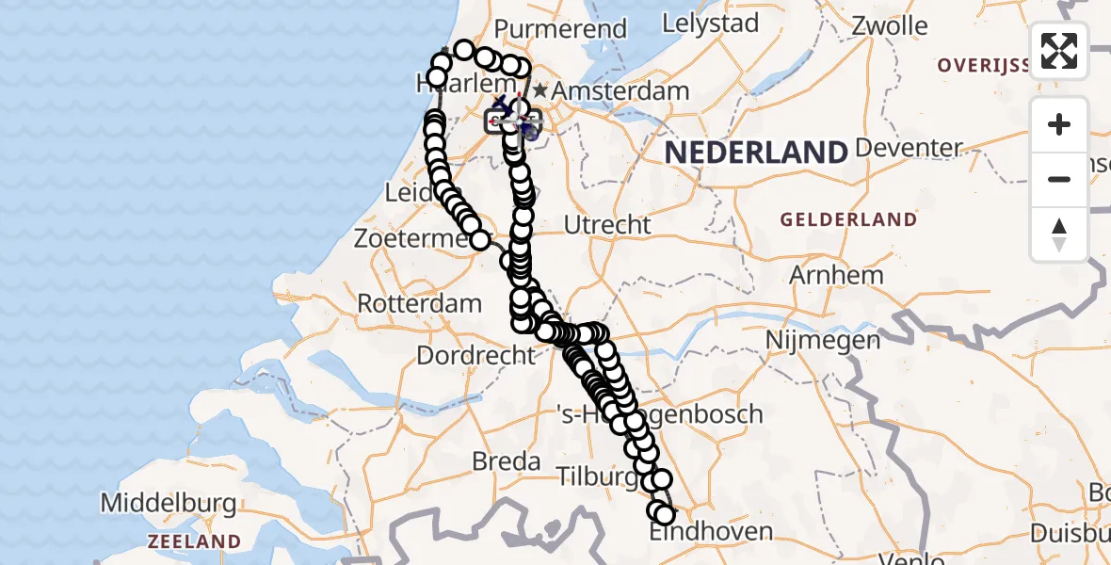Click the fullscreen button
coord(1059,51)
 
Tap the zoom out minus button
coord(1059,180)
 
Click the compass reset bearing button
coord(1059,234)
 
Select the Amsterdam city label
coord(620,92)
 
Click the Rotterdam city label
coord(420,305)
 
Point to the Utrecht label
coord(607,225)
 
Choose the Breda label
coord(507,462)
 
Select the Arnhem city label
coord(836,276)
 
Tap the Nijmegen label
coord(822,339)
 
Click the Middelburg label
coord(169,503)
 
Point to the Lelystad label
coord(710,23)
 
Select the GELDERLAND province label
coord(848,219)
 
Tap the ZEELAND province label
coord(195,541)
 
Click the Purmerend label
coord(560,29)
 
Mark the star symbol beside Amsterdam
coord(540,91)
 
